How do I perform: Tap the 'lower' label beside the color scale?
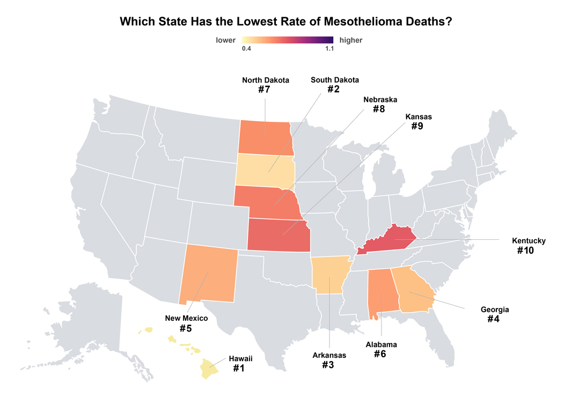(226, 40)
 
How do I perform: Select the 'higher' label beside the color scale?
(351, 40)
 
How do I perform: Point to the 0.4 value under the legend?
(247, 49)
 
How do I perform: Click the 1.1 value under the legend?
(329, 49)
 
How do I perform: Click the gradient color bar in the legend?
(288, 40)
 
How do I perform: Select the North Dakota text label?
(266, 80)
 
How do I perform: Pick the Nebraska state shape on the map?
(268, 201)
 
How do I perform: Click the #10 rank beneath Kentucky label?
(525, 250)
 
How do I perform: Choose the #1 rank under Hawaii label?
(239, 369)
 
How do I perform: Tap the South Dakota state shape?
(266, 169)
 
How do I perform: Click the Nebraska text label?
(380, 100)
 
